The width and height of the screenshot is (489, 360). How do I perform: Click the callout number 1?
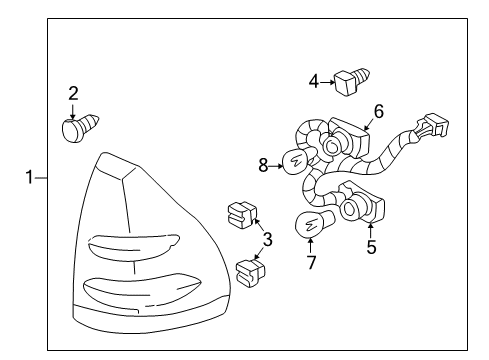click(x=31, y=177)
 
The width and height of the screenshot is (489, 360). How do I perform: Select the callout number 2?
click(x=73, y=94)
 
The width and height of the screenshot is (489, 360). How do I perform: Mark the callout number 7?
click(x=310, y=263)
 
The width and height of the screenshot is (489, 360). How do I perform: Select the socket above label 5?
click(x=359, y=207)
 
